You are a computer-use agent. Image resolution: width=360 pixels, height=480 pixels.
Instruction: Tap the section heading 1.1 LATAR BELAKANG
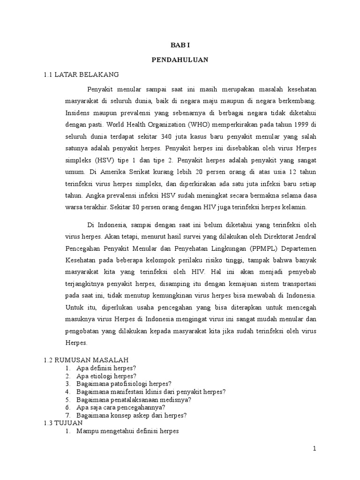81,75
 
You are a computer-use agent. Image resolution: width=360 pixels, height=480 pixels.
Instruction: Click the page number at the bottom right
315,449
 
